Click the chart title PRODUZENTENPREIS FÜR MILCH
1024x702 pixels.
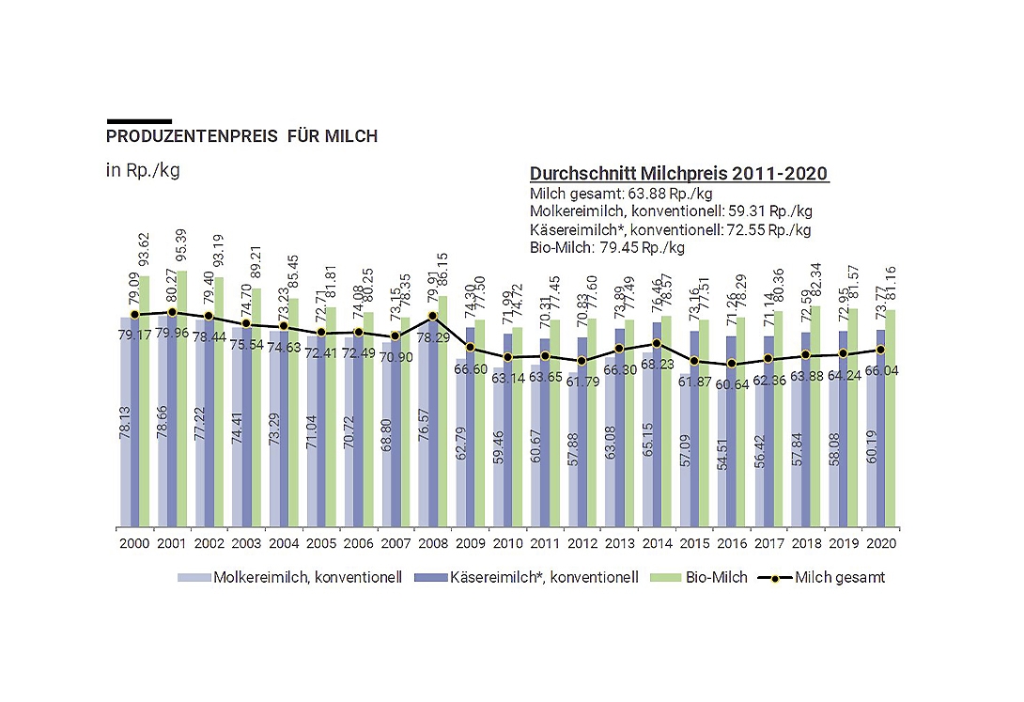[x=241, y=136]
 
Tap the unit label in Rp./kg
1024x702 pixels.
[x=143, y=170]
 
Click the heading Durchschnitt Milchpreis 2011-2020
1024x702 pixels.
[x=679, y=174]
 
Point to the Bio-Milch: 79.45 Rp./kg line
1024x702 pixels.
[x=607, y=248]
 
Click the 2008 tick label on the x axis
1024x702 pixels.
[x=431, y=543]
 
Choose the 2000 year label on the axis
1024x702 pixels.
[x=134, y=543]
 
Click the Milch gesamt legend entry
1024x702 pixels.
[x=827, y=577]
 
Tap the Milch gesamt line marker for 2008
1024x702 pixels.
[x=432, y=316]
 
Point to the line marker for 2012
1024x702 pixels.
[x=582, y=361]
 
